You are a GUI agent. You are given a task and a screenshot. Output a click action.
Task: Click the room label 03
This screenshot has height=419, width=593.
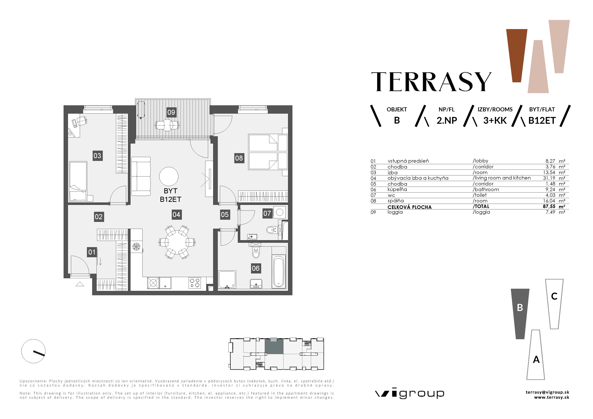(97, 156)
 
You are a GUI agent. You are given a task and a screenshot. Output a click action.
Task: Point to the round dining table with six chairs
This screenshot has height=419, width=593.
(177, 242)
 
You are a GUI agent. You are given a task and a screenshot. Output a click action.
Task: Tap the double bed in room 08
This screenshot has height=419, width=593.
(268, 152)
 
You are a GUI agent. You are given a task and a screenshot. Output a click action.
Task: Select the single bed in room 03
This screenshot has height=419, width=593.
(78, 181)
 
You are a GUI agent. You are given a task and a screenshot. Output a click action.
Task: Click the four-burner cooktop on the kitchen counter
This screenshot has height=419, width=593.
(194, 283)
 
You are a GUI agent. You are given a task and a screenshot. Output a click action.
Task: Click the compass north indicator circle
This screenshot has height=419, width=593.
(33, 351)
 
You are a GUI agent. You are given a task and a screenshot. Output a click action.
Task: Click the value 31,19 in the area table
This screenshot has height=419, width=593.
(549, 178)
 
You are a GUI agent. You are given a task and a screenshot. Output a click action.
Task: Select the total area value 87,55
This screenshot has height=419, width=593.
(549, 207)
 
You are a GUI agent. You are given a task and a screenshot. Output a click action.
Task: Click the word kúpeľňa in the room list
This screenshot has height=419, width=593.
(397, 189)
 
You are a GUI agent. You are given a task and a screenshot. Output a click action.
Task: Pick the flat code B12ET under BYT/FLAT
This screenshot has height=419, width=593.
(542, 121)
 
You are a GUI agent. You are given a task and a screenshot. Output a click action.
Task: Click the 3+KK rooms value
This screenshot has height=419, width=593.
(495, 121)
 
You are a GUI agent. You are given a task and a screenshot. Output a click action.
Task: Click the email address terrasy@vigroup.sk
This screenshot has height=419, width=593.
(547, 392)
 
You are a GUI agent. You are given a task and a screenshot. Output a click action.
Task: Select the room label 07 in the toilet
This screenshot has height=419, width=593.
(267, 213)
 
